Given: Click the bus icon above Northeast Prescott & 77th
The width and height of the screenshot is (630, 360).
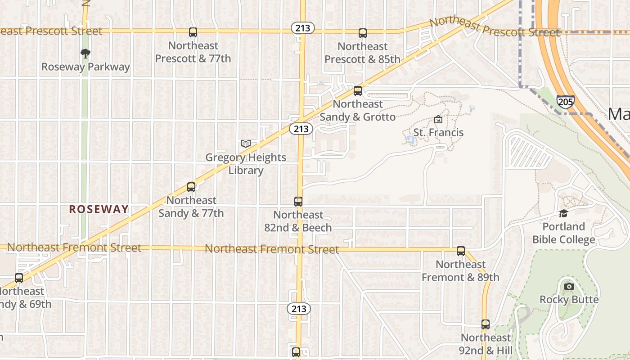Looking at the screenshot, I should (193, 32).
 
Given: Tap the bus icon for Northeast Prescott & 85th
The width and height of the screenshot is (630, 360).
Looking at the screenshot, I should (363, 33).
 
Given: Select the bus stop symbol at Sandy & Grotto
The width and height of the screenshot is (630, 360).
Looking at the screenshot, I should (358, 91).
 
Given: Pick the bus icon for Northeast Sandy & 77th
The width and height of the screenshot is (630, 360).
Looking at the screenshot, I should (191, 187).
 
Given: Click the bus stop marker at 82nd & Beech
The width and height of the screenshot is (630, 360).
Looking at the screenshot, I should (298, 202).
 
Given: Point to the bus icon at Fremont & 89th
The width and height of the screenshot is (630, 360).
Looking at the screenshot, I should (461, 251).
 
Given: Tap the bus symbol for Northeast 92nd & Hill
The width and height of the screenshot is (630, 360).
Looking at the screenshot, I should (485, 324).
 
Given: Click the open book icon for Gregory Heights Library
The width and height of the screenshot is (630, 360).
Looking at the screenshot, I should (245, 144).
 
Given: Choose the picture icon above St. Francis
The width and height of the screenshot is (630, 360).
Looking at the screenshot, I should (438, 120).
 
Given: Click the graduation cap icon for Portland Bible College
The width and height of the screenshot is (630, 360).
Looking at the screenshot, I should (563, 213).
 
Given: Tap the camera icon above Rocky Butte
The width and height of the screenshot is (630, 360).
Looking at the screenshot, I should (569, 286).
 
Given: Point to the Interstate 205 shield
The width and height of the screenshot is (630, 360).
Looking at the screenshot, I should (565, 101).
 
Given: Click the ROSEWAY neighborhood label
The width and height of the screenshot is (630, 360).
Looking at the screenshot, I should (99, 209).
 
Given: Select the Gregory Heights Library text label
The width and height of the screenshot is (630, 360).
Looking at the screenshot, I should (246, 164).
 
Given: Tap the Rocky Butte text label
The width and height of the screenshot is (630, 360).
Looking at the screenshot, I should (569, 300).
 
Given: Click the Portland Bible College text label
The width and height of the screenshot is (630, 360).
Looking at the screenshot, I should (564, 233).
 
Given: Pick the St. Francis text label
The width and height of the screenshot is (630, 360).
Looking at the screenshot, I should (438, 133).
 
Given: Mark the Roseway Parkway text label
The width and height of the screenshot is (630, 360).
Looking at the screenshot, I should (85, 67).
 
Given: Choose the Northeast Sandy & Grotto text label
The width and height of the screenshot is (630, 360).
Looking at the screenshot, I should (358, 111).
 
